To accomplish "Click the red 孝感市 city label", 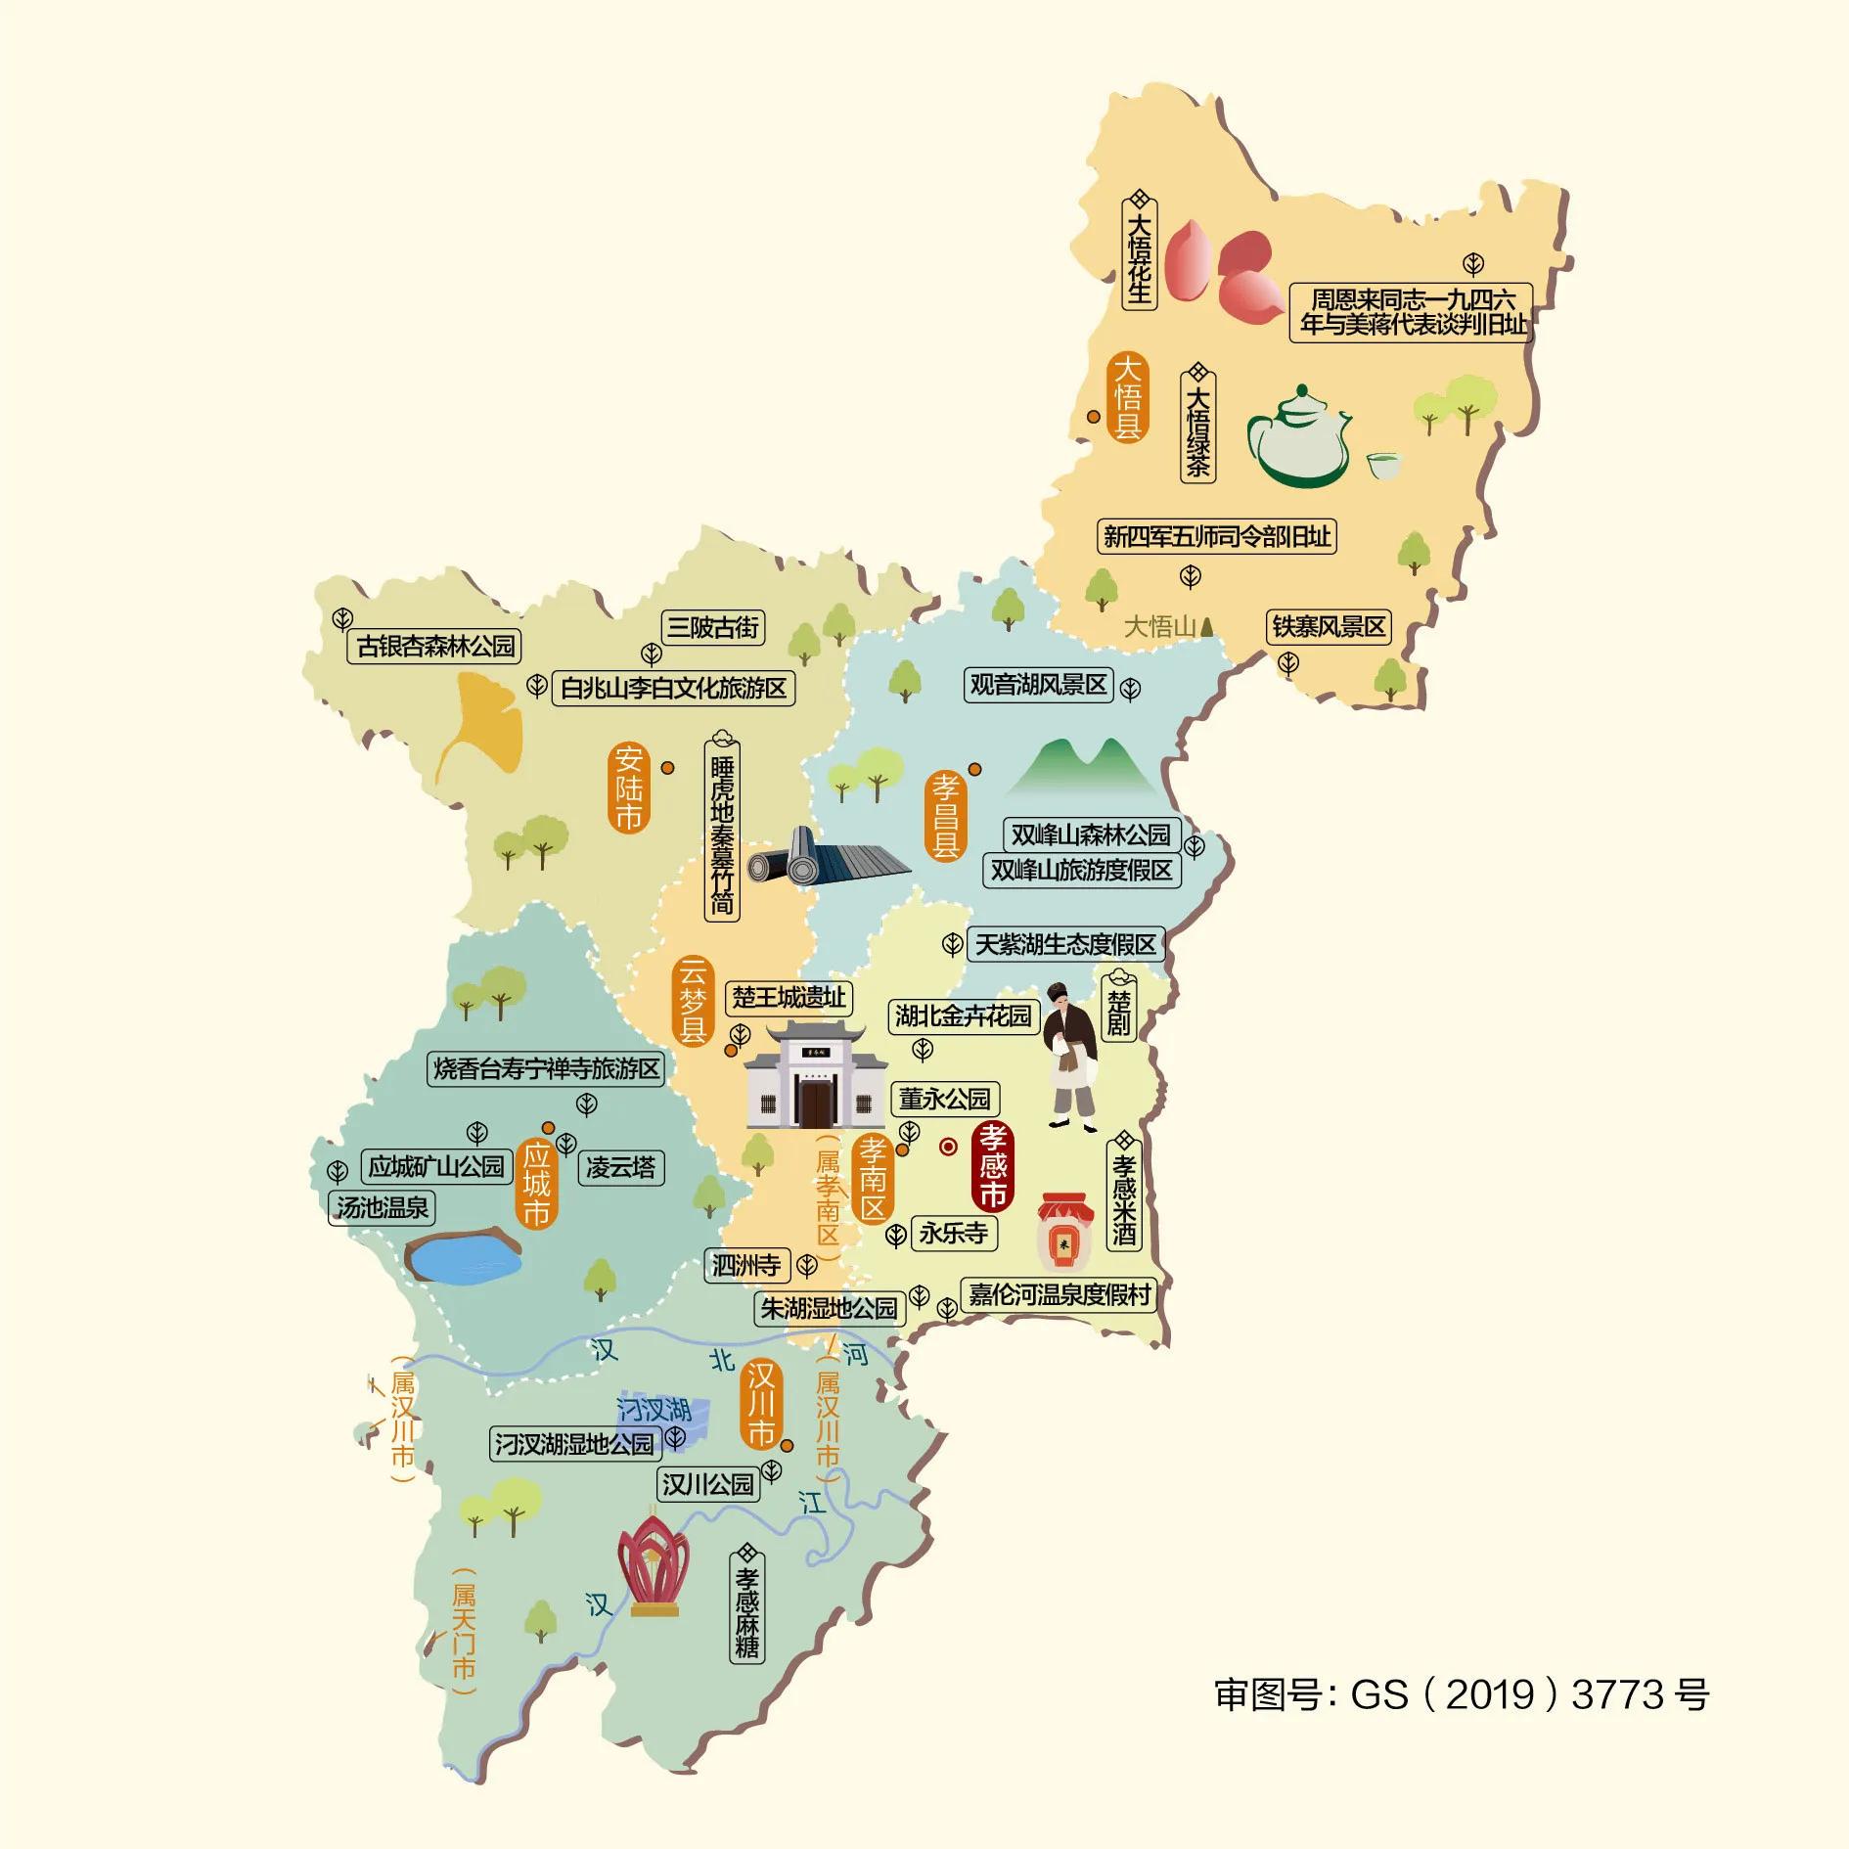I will click(x=992, y=1165).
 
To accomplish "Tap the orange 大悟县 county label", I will click(x=1127, y=397).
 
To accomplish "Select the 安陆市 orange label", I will click(x=628, y=788).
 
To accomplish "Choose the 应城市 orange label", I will click(x=536, y=1183).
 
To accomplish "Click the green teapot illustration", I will click(x=1297, y=436).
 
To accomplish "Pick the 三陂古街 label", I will click(x=712, y=627).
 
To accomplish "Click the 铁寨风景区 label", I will click(x=1329, y=626).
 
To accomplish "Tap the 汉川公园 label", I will click(x=708, y=1484).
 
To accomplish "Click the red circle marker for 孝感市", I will click(x=948, y=1147).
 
